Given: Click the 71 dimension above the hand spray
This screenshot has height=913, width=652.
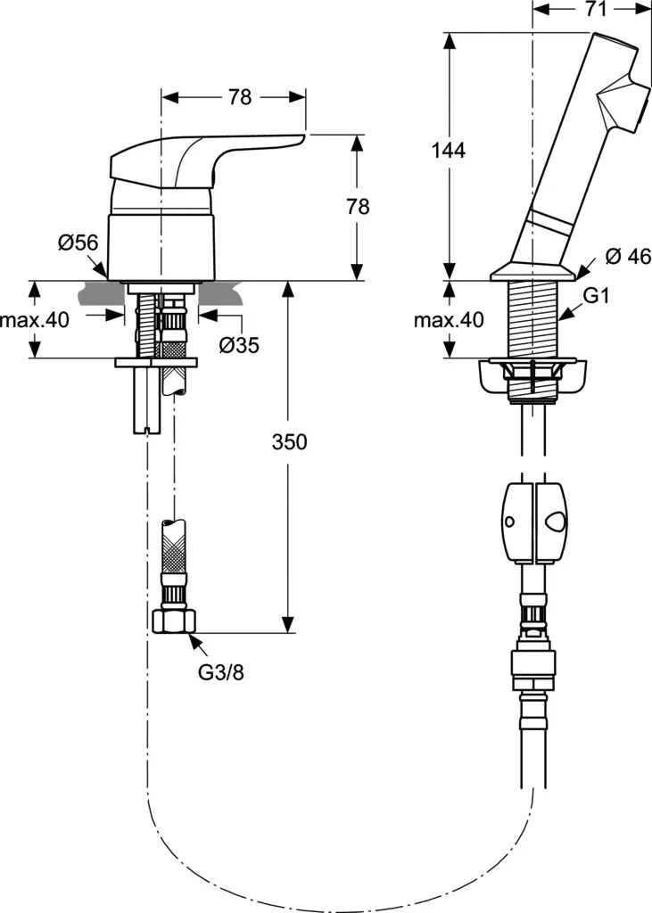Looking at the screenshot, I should [596, 10].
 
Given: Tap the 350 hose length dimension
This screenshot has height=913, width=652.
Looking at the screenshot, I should [290, 442].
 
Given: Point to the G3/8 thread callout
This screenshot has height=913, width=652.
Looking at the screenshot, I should [220, 671].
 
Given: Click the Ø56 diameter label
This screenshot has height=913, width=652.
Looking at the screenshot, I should [78, 243].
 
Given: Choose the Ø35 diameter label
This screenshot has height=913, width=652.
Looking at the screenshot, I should [238, 343].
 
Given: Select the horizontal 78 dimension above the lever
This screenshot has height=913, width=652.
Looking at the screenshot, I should [240, 98].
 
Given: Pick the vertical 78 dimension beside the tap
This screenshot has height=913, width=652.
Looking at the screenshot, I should [358, 207].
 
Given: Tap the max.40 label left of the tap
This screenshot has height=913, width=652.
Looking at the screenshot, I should [35, 319].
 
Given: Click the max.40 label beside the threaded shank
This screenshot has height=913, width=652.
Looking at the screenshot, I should [448, 319].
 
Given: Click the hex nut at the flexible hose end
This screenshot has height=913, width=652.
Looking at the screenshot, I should [173, 620].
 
